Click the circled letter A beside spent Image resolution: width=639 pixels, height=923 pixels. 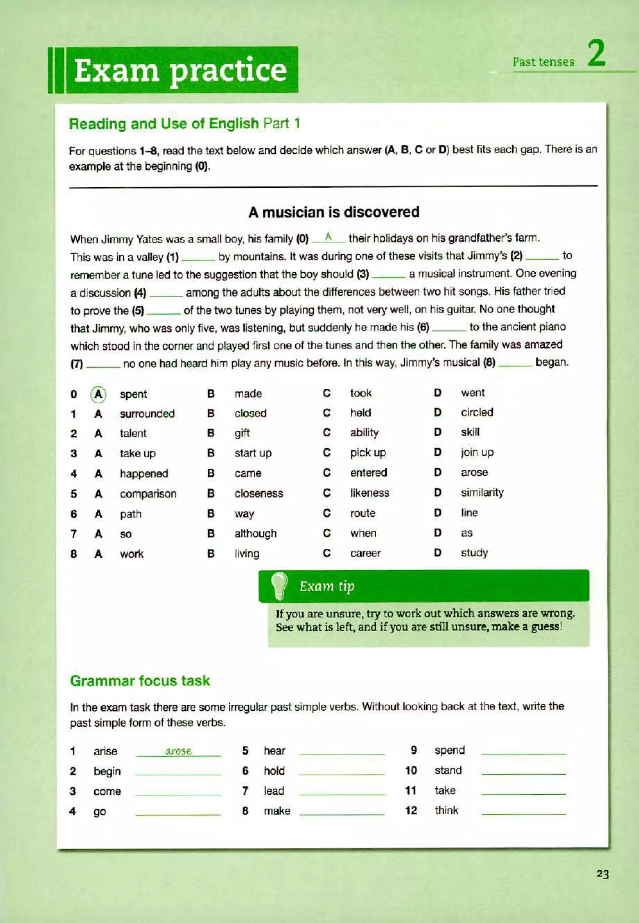tap(98, 394)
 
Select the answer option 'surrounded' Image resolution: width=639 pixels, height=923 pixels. tap(147, 414)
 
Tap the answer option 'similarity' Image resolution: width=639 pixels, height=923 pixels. tap(482, 492)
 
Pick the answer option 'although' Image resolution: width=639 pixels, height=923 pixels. tap(256, 533)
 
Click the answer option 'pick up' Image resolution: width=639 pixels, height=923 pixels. tap(368, 453)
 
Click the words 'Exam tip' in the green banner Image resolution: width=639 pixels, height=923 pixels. tap(327, 586)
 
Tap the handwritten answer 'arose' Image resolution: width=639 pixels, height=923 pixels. tap(178, 751)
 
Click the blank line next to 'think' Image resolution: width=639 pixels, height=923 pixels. tap(523, 812)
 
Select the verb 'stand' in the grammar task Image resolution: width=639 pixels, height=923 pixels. tap(448, 770)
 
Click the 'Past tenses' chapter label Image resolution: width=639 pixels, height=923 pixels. tap(543, 62)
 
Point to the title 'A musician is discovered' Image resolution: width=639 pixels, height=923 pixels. tap(334, 212)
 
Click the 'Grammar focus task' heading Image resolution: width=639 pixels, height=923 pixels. tap(140, 681)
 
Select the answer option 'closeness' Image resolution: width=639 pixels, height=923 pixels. tap(259, 493)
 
